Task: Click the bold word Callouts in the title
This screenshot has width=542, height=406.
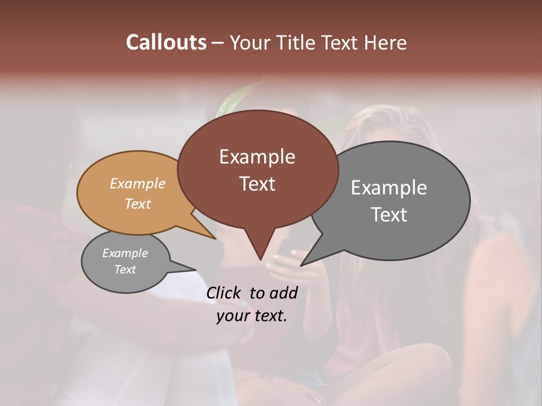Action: click(x=166, y=42)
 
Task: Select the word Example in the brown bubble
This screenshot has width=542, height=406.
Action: click(x=257, y=157)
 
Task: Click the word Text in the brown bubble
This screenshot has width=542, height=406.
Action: click(x=257, y=184)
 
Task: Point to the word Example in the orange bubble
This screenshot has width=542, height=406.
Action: click(x=138, y=183)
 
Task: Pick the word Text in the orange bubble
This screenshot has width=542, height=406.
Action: click(x=138, y=204)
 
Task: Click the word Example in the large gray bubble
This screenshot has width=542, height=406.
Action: click(x=389, y=188)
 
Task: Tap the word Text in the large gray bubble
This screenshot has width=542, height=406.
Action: click(x=389, y=215)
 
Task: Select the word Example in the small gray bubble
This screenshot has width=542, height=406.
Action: click(x=125, y=253)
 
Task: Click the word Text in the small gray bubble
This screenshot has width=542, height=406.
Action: click(x=125, y=270)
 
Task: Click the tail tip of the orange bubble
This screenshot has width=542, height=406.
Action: click(x=216, y=239)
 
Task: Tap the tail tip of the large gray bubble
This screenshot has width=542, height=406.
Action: click(x=301, y=265)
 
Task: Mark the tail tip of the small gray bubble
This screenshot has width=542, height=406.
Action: click(x=195, y=270)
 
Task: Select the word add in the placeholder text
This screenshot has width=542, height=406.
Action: click(x=283, y=293)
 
